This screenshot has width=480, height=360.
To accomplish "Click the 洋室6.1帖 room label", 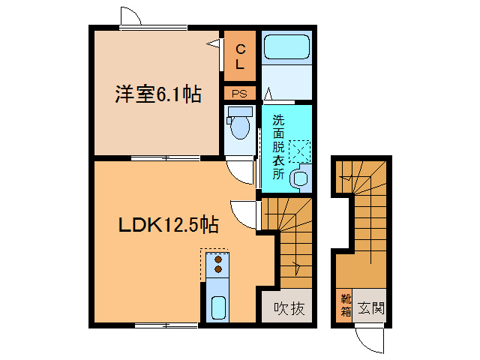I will click(x=157, y=94).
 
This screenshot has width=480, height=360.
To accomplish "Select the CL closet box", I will click(x=240, y=57).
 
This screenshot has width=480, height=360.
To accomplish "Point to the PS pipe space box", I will click(x=240, y=94).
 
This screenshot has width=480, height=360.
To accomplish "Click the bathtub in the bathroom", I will click(x=286, y=48).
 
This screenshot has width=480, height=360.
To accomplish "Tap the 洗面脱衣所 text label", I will click(x=278, y=146).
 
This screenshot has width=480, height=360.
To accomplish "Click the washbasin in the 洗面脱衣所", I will click(x=300, y=178).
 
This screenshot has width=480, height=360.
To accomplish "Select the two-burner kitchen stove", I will click(x=218, y=263).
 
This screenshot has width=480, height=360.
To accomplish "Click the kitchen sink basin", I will click(x=218, y=307).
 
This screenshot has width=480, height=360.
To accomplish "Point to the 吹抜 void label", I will click(x=289, y=308).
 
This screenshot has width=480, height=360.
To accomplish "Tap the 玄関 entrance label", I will click(x=370, y=307).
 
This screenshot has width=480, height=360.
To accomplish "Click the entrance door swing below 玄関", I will click(x=370, y=338).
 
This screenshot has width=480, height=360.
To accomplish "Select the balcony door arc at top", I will click(x=130, y=16).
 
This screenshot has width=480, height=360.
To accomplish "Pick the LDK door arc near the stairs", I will click(x=244, y=214).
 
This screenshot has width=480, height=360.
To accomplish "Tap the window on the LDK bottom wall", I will click(x=166, y=325).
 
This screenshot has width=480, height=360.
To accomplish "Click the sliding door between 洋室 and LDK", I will click(x=166, y=158).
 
